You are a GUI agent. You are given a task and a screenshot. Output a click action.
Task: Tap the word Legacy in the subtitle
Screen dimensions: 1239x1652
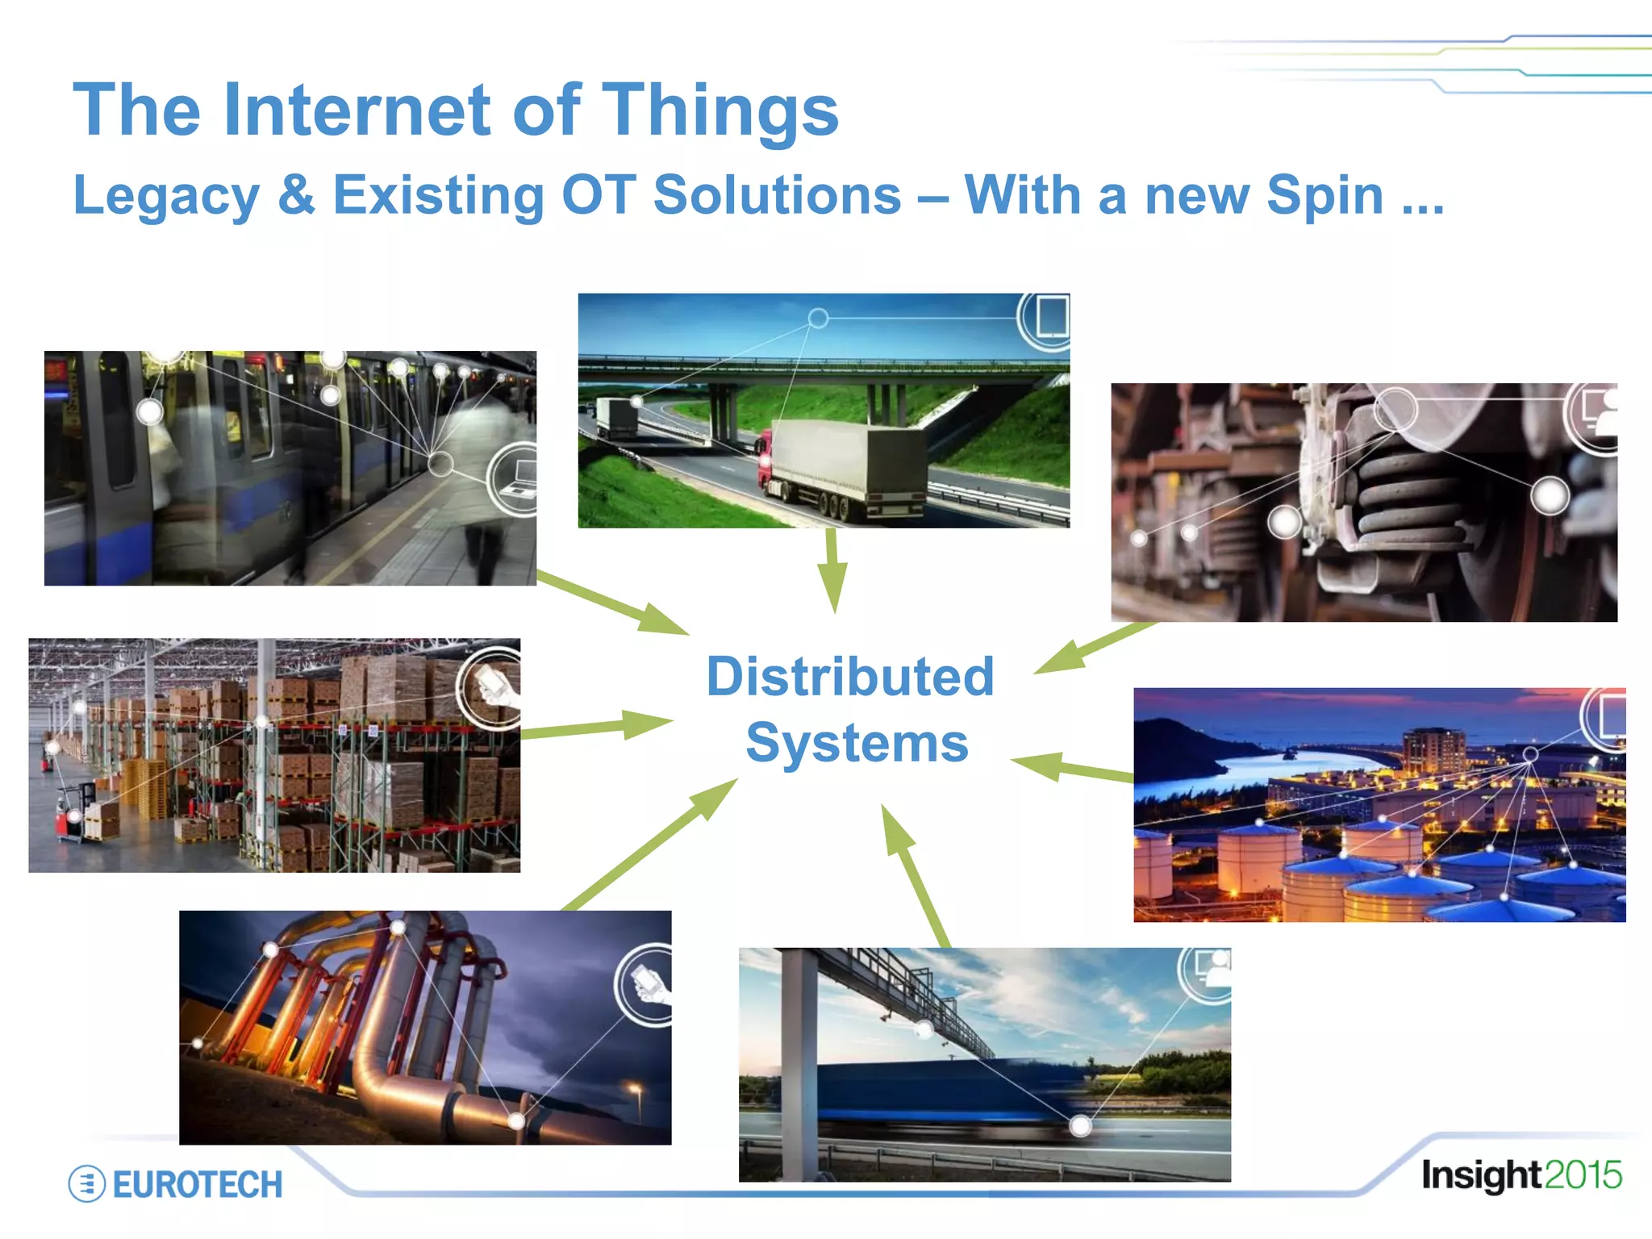(166, 196)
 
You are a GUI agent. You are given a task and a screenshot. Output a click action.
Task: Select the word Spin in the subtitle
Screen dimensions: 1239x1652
(1325, 196)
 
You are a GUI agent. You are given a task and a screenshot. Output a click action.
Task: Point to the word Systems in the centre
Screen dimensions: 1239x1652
(857, 743)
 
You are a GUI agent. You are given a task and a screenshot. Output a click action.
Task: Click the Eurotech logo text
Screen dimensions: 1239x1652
(197, 1185)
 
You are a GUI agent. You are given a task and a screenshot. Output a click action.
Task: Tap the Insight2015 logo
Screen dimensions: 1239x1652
(1521, 1175)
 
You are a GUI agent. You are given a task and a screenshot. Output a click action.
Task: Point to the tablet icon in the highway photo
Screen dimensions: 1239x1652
(1051, 316)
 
